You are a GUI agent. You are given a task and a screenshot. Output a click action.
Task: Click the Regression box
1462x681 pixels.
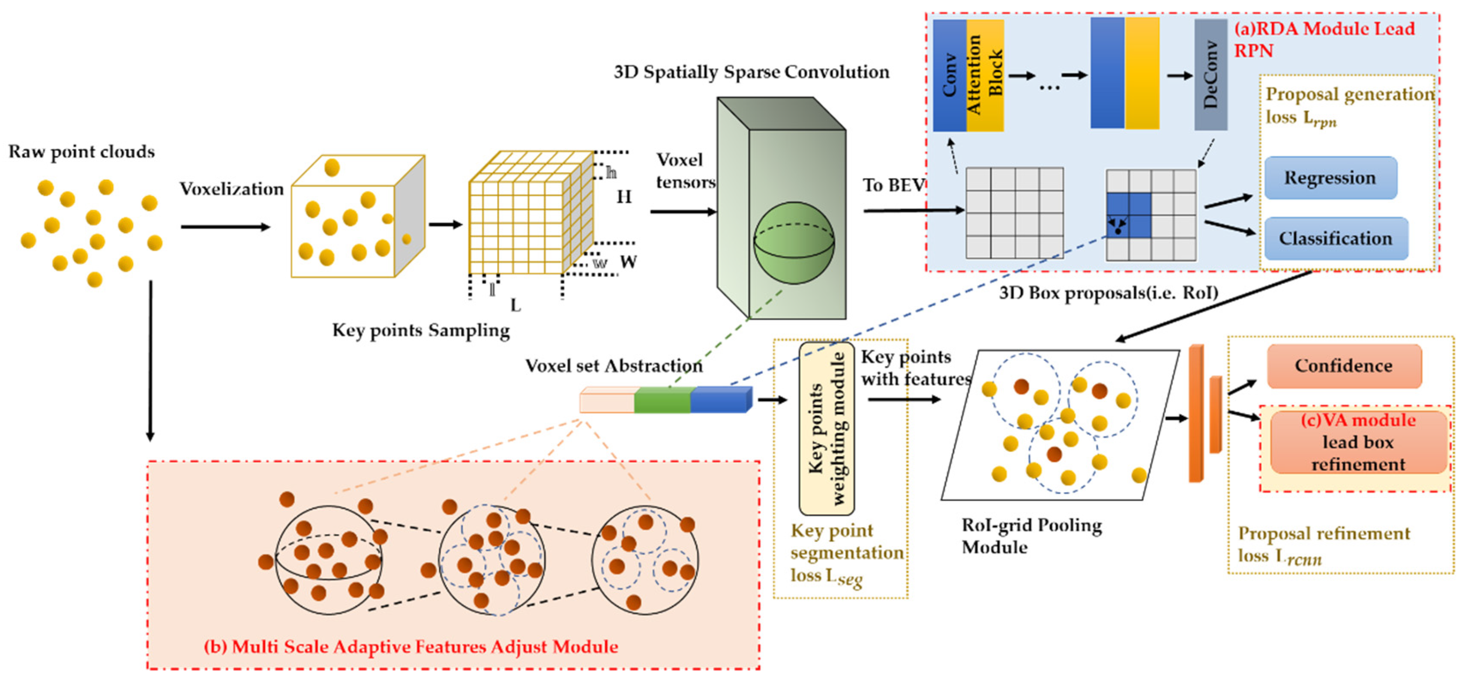click(x=1330, y=178)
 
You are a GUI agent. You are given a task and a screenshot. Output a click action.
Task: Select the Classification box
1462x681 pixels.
click(x=1336, y=238)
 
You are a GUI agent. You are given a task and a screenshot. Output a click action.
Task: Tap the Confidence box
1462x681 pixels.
click(x=1343, y=366)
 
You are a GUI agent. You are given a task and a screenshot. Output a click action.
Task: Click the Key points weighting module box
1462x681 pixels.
click(x=827, y=428)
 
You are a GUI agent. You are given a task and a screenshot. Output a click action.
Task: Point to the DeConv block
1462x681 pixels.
click(x=1210, y=75)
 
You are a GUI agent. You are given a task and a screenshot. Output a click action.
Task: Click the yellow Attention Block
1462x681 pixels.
click(x=985, y=75)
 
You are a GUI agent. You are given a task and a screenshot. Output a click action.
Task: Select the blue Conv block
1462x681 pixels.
click(x=949, y=75)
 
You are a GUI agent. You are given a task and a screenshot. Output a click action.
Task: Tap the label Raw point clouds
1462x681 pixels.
click(x=81, y=152)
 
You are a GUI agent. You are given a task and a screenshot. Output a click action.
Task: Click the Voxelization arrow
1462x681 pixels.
click(x=225, y=227)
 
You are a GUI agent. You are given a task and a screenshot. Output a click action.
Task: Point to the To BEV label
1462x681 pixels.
click(x=893, y=185)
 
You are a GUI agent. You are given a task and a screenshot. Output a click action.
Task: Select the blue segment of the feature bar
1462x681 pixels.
click(x=720, y=400)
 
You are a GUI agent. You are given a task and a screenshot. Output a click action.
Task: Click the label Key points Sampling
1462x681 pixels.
click(x=420, y=330)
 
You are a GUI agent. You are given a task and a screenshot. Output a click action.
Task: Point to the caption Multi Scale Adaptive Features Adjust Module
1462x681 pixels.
click(x=411, y=647)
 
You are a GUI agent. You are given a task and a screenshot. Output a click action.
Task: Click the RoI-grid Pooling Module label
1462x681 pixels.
click(x=1031, y=536)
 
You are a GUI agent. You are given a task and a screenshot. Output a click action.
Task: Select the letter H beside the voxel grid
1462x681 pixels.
click(x=624, y=197)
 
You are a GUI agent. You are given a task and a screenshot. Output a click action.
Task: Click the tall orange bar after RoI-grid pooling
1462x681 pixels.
click(x=1196, y=414)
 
